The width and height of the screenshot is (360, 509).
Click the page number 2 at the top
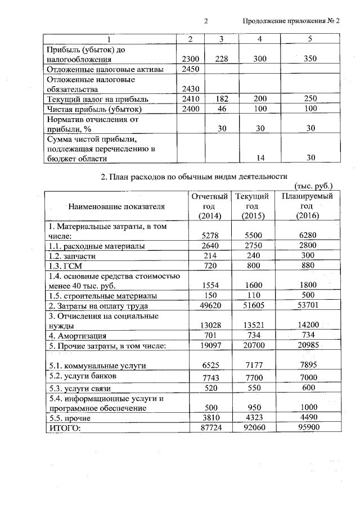point(206,21)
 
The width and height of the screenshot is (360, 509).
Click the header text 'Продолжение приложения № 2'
point(291,21)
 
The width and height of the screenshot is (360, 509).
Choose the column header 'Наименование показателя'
point(116,206)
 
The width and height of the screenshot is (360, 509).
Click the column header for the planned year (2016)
point(307,206)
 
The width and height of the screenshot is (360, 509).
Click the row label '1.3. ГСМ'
point(61,265)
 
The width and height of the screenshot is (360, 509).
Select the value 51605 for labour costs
point(251,306)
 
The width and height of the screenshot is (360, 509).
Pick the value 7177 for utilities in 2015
point(251,366)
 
